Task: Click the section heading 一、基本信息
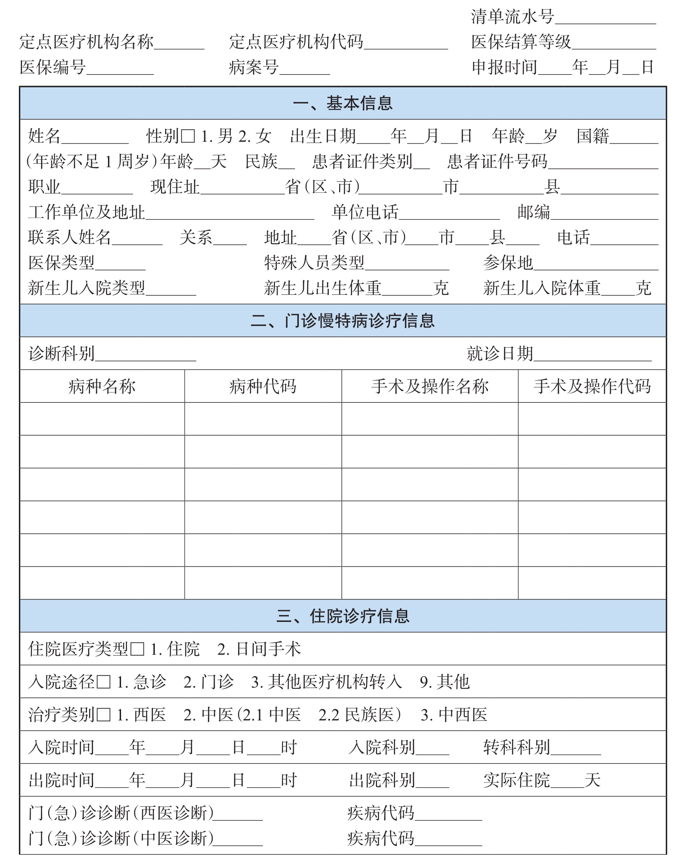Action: coord(342,103)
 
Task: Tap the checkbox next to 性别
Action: coord(188,136)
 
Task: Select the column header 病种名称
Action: coord(102,387)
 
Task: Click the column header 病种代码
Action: coord(263,387)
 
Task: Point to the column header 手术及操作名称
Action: coord(430,387)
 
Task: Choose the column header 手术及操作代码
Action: coord(592,387)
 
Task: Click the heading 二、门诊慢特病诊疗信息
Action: coord(342,321)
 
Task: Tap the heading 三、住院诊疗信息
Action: coord(342,616)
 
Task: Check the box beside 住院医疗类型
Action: coord(137,649)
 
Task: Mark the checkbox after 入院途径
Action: coord(103,682)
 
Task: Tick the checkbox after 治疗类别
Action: coord(103,715)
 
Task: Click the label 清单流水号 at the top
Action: coord(512,17)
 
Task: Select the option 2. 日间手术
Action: coord(259,649)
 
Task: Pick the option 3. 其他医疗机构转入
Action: coord(326,682)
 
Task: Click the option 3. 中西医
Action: coord(454,715)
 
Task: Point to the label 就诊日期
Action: coord(500,354)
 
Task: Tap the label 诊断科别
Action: coord(62,354)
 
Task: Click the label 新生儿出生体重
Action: coord(323,288)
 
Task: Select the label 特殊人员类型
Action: coord(314,263)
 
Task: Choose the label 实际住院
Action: coord(516,780)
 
